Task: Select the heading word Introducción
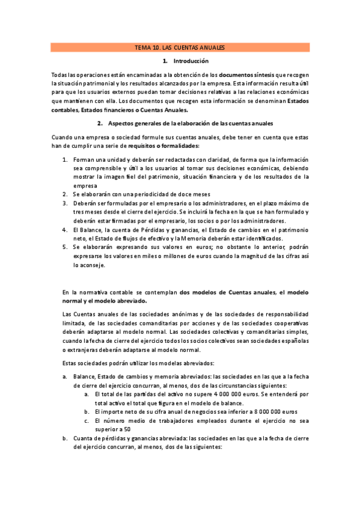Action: [x=191, y=61]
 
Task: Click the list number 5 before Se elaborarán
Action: [x=65, y=247]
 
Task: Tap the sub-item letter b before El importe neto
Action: [x=87, y=412]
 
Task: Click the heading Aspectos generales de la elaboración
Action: [x=191, y=123]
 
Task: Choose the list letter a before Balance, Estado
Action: [x=64, y=376]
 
